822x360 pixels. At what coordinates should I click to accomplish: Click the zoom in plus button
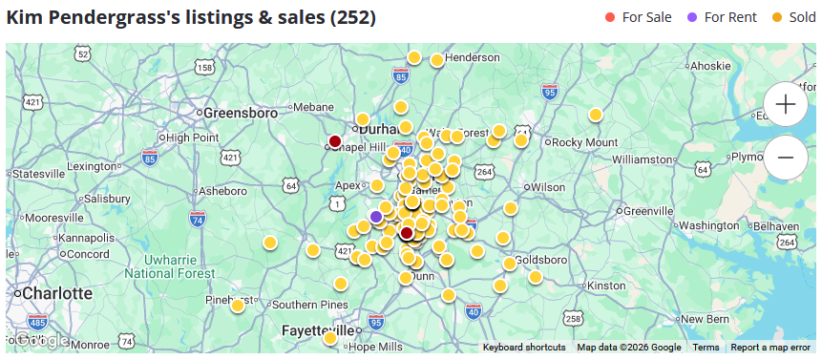pyautogui.click(x=786, y=104)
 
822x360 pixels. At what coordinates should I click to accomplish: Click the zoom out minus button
pyautogui.click(x=786, y=157)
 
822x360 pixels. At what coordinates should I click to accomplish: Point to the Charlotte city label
pyautogui.click(x=55, y=292)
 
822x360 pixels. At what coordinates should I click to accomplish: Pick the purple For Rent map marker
pyautogui.click(x=376, y=217)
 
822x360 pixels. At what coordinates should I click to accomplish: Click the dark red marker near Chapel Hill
pyautogui.click(x=335, y=141)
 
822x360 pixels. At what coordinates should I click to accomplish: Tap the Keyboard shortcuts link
pyautogui.click(x=524, y=348)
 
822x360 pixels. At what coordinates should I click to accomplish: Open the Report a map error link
pyautogui.click(x=772, y=348)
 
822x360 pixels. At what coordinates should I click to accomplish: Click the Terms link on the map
pyautogui.click(x=706, y=348)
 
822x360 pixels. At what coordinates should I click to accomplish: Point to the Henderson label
pyautogui.click(x=472, y=58)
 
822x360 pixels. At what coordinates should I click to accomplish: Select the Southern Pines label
pyautogui.click(x=309, y=305)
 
